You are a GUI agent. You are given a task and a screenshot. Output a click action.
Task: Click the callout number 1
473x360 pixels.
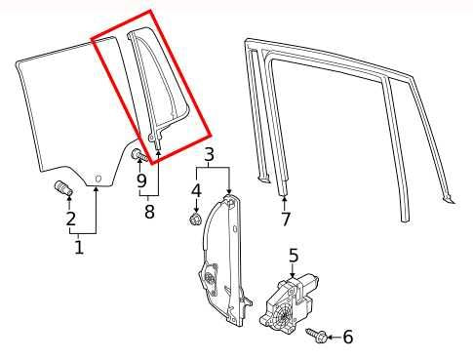(79, 248)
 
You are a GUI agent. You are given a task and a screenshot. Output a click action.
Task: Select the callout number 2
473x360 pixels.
(70, 220)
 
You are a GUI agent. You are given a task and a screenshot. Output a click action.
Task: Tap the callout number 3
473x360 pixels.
(209, 154)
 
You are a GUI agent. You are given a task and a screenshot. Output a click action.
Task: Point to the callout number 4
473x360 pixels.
(196, 189)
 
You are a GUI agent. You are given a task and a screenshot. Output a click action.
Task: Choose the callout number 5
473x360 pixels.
(292, 257)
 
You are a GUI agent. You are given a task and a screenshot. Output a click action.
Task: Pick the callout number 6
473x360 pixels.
(347, 337)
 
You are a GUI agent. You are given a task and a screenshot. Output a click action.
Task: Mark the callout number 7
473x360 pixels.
(285, 219)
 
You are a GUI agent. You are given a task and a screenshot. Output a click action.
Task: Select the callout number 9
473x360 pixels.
(141, 180)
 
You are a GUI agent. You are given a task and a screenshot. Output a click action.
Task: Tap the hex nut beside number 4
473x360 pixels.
(195, 220)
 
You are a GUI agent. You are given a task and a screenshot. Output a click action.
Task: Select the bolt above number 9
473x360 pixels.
(138, 154)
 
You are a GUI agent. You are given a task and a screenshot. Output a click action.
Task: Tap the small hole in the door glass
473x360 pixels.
(98, 176)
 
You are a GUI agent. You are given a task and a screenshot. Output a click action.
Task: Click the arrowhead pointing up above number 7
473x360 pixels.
(284, 199)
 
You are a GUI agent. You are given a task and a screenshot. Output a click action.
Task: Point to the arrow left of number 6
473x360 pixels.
(327, 337)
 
